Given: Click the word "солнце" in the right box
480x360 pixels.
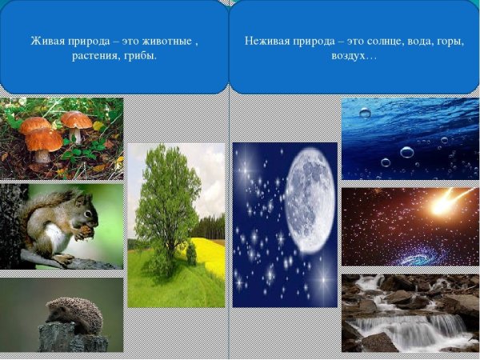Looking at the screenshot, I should [x=379, y=41].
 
